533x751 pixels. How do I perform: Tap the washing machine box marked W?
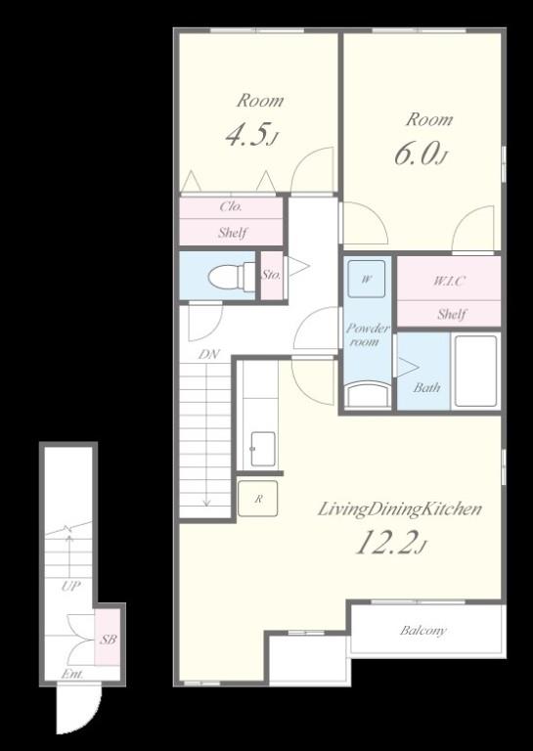(367, 279)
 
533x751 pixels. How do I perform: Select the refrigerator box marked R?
(257, 498)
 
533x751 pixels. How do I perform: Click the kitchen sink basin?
(263, 449)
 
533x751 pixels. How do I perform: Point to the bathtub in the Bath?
(475, 372)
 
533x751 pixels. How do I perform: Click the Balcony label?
(423, 631)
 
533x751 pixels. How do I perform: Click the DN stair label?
(209, 354)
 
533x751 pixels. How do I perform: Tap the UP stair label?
(70, 586)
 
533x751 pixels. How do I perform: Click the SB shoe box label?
(108, 639)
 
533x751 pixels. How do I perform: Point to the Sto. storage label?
(272, 275)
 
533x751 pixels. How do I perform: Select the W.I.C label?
(449, 282)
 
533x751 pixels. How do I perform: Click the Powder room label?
(368, 334)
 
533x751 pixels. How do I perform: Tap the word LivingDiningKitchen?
(400, 508)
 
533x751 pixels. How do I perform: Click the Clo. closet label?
(232, 206)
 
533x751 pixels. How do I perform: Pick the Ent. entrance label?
(72, 674)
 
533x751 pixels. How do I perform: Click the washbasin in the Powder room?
(368, 394)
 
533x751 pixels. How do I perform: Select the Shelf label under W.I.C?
(452, 314)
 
